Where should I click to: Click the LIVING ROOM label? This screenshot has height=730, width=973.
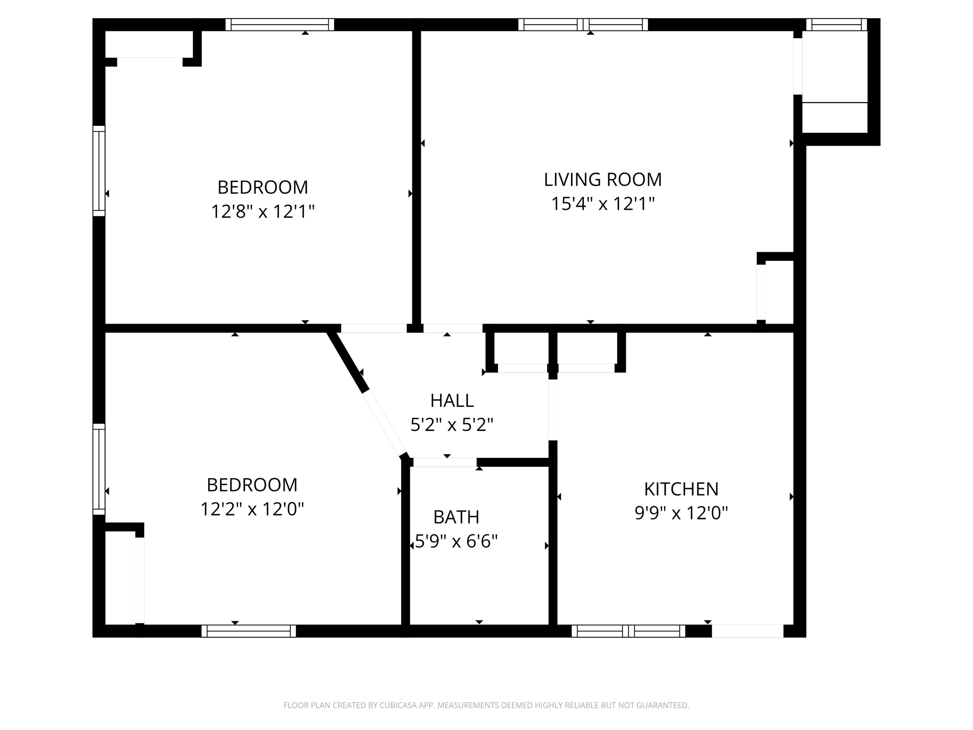(602, 180)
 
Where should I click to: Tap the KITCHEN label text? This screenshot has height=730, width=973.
(681, 489)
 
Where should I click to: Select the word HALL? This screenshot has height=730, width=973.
(452, 401)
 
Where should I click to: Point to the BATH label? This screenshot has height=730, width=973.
(456, 517)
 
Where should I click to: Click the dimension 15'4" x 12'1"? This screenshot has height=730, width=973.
(602, 204)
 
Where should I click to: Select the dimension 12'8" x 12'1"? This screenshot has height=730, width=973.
(263, 211)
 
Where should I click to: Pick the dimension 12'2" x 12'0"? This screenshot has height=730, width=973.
(252, 509)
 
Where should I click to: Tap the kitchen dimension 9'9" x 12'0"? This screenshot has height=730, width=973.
(681, 513)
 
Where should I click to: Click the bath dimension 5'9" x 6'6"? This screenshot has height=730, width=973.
(456, 541)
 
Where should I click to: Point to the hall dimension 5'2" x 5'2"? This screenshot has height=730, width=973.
(452, 424)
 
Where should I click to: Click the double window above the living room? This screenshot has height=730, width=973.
(583, 25)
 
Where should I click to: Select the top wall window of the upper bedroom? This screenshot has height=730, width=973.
(280, 25)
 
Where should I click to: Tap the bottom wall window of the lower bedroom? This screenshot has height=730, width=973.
(248, 631)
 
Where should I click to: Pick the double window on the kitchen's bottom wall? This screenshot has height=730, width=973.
(628, 631)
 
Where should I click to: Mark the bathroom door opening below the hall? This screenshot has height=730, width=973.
(445, 462)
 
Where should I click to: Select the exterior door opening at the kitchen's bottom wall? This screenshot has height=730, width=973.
(747, 631)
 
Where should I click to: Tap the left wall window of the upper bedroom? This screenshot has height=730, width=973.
(99, 171)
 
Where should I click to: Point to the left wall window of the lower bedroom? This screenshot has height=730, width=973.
(99, 469)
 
